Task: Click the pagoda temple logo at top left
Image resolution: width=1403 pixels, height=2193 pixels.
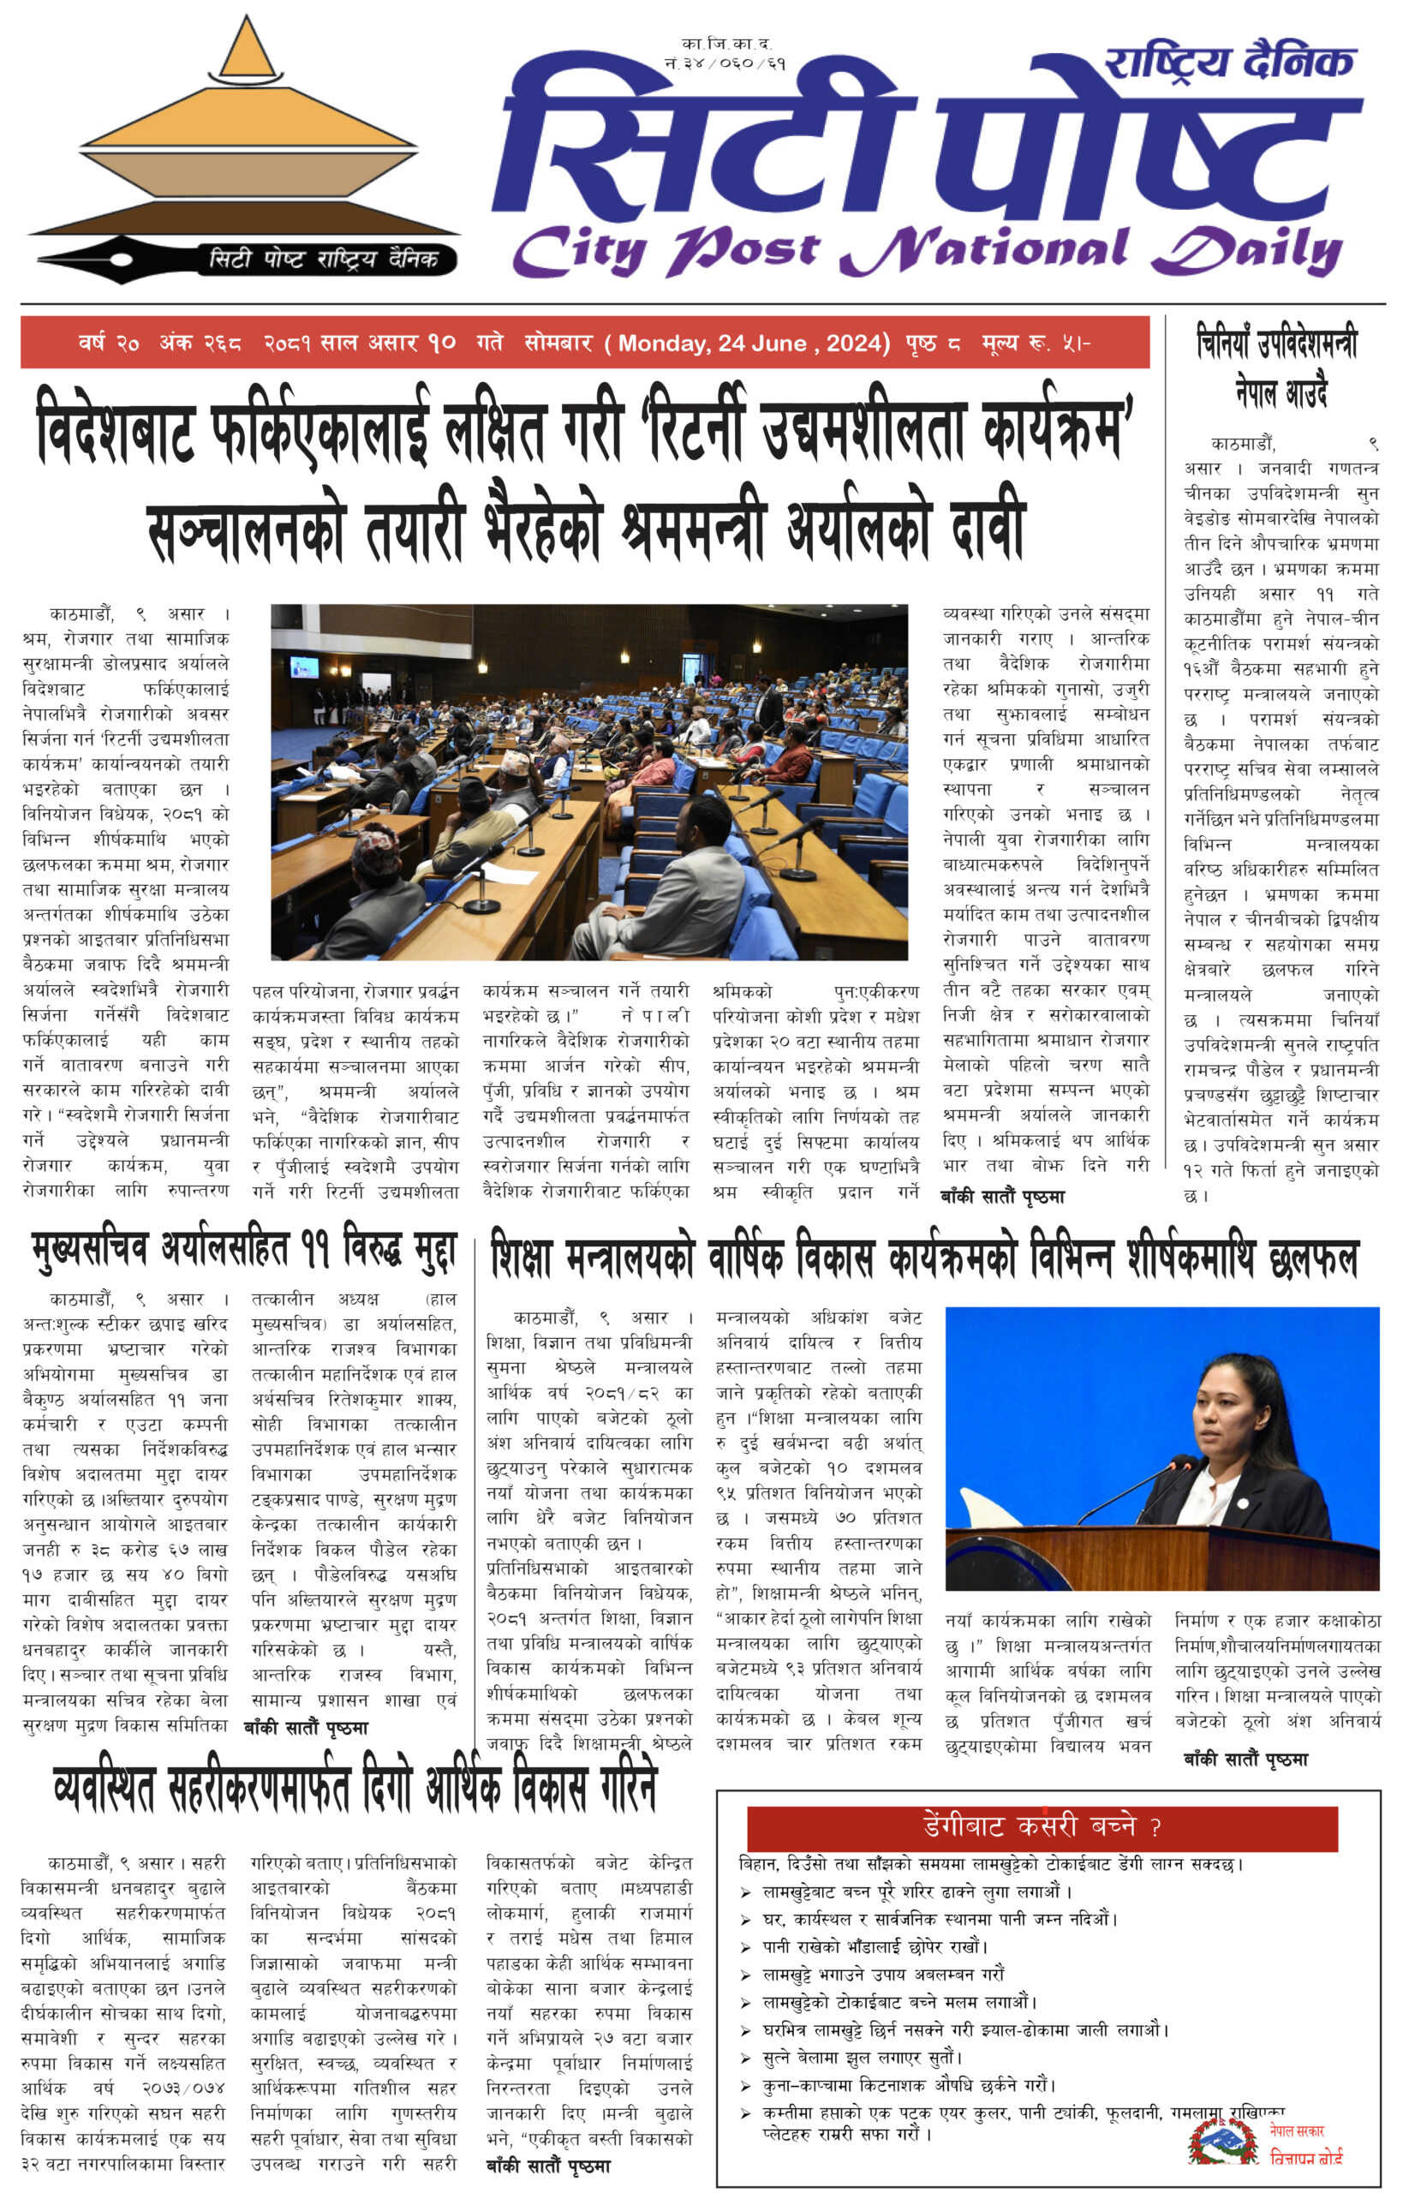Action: pos(246,137)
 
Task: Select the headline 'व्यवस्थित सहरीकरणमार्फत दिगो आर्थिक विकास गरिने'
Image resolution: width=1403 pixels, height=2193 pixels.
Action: pos(355,1790)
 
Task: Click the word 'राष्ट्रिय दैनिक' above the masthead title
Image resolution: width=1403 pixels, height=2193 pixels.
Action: pos(1229,62)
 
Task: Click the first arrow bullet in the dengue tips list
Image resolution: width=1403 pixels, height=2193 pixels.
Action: pos(746,1892)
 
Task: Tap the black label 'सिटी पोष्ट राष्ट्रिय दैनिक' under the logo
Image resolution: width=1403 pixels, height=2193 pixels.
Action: pos(324,259)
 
